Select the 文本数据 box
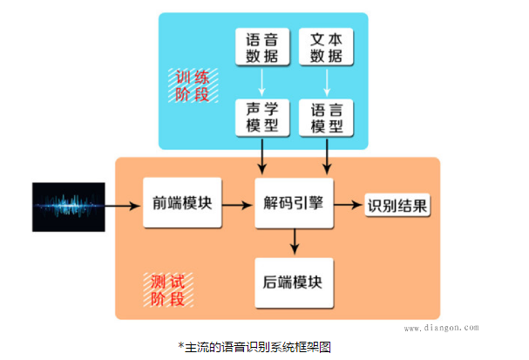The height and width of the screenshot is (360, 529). click(x=327, y=48)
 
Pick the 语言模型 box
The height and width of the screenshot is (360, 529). click(x=327, y=118)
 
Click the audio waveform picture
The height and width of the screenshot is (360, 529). click(x=70, y=206)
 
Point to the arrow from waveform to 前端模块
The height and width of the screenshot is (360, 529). click(x=125, y=206)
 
